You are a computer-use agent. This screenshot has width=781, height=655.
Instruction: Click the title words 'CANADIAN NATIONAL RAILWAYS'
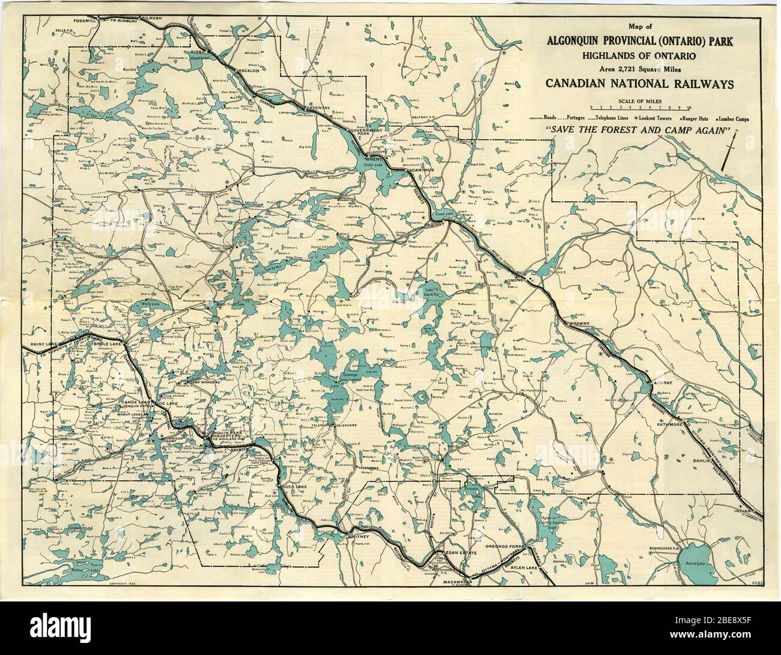(x=639, y=83)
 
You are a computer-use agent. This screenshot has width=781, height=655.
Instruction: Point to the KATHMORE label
(x=672, y=425)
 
